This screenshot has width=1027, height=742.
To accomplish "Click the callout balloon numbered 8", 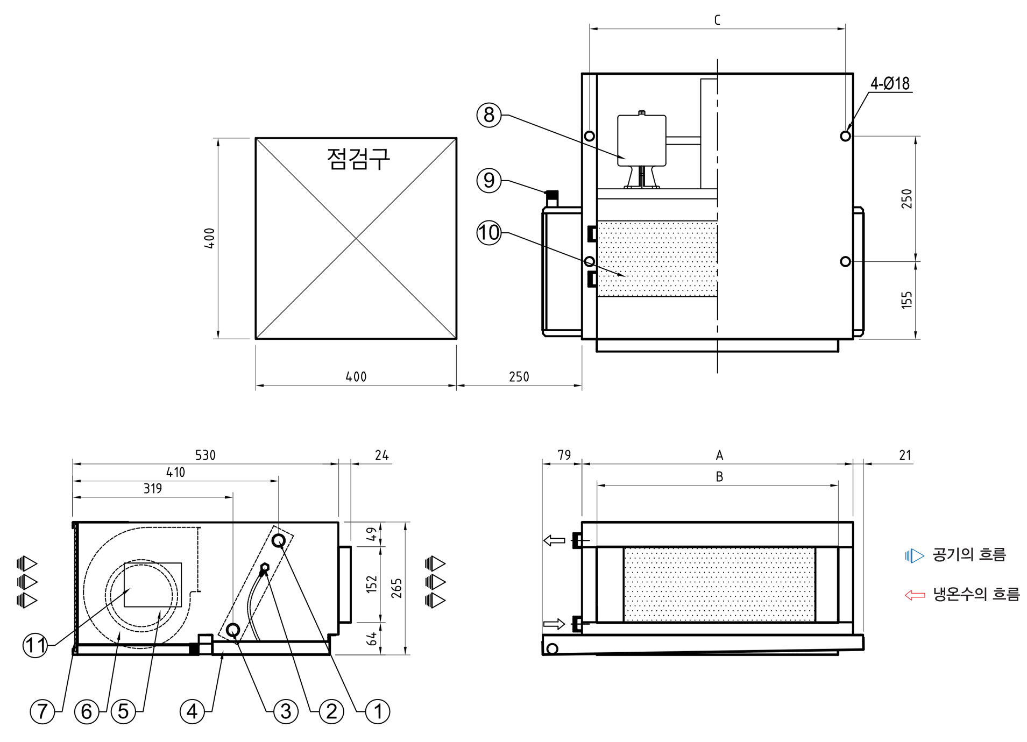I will pyautogui.click(x=488, y=115).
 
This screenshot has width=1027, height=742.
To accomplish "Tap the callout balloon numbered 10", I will pyautogui.click(x=488, y=233).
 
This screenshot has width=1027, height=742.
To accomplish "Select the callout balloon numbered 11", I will pyautogui.click(x=36, y=645).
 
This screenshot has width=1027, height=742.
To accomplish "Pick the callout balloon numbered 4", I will pyautogui.click(x=192, y=711).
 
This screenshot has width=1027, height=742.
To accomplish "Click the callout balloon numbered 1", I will pyautogui.click(x=378, y=711).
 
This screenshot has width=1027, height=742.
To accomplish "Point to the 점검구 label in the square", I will pyautogui.click(x=358, y=159).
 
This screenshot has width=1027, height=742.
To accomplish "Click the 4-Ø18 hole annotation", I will pyautogui.click(x=890, y=84).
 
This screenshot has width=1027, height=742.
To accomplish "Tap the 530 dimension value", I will pyautogui.click(x=205, y=455).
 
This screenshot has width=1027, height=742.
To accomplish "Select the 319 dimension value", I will pyautogui.click(x=153, y=489).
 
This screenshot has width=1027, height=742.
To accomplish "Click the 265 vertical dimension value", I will pyautogui.click(x=396, y=588).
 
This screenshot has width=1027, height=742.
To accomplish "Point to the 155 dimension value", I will pyautogui.click(x=907, y=300).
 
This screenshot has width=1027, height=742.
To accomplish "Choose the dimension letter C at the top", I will pyautogui.click(x=717, y=20).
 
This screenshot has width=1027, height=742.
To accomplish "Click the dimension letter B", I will pyautogui.click(x=719, y=477).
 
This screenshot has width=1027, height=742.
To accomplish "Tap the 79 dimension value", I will pyautogui.click(x=564, y=455).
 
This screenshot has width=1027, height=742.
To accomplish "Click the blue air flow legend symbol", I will pyautogui.click(x=914, y=555).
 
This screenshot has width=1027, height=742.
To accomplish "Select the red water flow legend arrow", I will pyautogui.click(x=915, y=595).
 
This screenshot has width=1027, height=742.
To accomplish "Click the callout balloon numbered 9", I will pyautogui.click(x=488, y=180).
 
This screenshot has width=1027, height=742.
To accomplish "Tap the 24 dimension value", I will pyautogui.click(x=382, y=455).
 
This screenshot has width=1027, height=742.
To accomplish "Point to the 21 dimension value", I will pyautogui.click(x=905, y=455).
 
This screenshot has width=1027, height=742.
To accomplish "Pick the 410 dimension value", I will pyautogui.click(x=175, y=473).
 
